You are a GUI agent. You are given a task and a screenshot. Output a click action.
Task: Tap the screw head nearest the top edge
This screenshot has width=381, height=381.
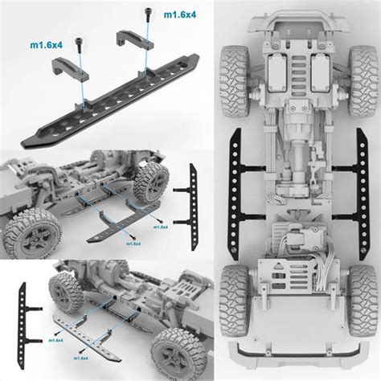147,10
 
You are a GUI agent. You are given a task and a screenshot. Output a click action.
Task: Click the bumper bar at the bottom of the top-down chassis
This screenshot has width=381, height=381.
294,353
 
